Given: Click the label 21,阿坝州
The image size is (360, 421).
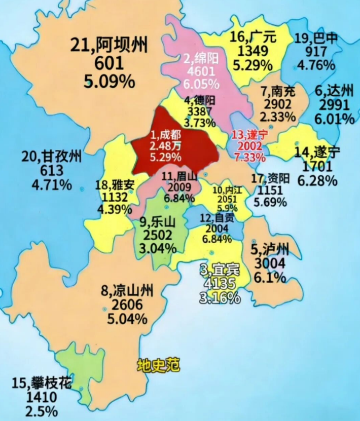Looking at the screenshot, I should click(x=109, y=47).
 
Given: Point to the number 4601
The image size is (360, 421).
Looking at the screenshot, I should click(x=201, y=71).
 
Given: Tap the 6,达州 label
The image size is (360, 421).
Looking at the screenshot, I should click(x=334, y=91).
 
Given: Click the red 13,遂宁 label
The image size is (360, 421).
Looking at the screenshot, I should click(x=249, y=135).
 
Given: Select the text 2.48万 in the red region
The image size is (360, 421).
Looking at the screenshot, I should click(x=166, y=146).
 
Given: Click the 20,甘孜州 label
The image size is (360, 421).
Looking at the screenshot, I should click(x=52, y=158).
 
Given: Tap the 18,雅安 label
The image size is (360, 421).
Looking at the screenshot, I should click(x=115, y=185).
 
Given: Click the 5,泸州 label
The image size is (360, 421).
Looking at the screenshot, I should click(x=270, y=250).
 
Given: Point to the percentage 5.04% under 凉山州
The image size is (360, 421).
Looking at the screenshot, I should click(x=127, y=319).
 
